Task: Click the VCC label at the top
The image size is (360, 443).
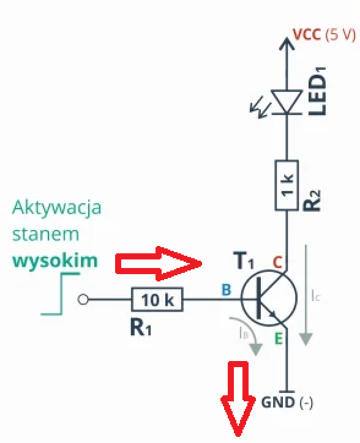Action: pyautogui.click(x=307, y=34)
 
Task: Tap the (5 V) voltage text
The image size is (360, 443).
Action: pyautogui.click(x=340, y=35)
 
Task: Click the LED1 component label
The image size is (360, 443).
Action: pyautogui.click(x=317, y=92)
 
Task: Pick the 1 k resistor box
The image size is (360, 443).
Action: pyautogui.click(x=287, y=185)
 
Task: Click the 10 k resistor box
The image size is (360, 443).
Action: pyautogui.click(x=157, y=299)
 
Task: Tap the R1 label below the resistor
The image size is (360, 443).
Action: pyautogui.click(x=141, y=327)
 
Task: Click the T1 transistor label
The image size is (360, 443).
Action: pyautogui.click(x=244, y=261)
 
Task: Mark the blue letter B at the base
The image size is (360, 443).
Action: pyautogui.click(x=227, y=290)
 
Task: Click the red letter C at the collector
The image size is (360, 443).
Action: pyautogui.click(x=277, y=262)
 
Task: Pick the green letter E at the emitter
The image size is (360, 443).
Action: pyautogui.click(x=279, y=338)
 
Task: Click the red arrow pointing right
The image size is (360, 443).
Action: pyautogui.click(x=159, y=264)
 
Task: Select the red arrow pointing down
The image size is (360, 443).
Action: pyautogui.click(x=238, y=399)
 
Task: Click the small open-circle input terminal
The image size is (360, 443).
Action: pyautogui.click(x=83, y=299)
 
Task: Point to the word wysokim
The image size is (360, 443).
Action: pyautogui.click(x=55, y=261)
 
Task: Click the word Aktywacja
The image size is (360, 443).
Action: pyautogui.click(x=56, y=208)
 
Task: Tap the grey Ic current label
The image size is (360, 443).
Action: pyautogui.click(x=315, y=296)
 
